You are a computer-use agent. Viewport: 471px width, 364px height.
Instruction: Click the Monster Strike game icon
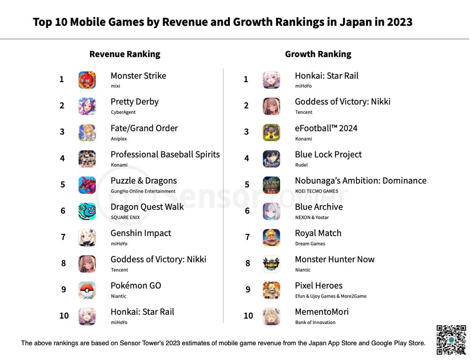point(87,80)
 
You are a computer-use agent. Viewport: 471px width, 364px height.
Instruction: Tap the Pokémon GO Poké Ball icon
point(87,290)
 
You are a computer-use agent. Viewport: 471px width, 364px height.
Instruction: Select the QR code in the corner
point(451,340)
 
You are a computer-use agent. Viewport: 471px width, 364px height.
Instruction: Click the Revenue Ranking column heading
point(125,54)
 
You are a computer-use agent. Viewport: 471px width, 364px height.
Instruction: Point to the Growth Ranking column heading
point(318,54)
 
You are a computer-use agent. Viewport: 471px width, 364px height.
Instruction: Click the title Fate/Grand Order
point(144,128)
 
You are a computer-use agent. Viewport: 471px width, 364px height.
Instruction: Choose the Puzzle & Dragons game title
point(144,181)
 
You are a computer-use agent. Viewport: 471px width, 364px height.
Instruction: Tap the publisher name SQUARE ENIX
point(125,217)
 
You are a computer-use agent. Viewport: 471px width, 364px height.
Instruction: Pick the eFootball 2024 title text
point(326,128)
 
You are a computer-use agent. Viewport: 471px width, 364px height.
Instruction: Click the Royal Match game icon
point(271,237)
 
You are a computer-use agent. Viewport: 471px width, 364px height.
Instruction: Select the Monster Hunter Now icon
point(271,264)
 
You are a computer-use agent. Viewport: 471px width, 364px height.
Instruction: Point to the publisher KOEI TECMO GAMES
point(316,191)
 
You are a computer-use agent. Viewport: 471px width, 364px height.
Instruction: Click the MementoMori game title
point(322,312)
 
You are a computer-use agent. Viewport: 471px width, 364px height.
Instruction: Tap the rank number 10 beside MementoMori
point(248,316)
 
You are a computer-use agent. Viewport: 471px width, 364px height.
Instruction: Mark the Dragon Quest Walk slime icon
point(87,211)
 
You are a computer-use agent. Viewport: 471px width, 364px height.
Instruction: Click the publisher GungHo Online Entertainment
point(143,191)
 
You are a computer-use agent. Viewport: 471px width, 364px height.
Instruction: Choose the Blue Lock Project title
point(328,155)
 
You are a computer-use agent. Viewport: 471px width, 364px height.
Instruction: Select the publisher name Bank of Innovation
point(315,322)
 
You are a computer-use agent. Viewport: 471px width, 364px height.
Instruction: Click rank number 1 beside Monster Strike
point(61,80)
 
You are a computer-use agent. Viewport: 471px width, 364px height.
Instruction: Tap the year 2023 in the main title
point(400,22)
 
